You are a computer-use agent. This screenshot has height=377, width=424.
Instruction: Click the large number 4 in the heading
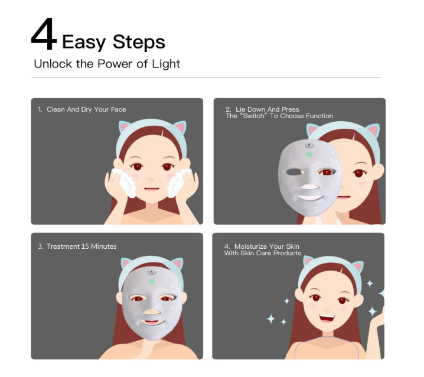(x=44, y=34)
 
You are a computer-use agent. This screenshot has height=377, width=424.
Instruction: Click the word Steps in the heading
(x=139, y=42)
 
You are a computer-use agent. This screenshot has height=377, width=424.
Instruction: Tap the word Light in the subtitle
(x=166, y=64)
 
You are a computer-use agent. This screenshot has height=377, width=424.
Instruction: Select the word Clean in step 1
(x=56, y=109)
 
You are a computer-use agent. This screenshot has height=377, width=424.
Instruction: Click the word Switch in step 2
(x=253, y=116)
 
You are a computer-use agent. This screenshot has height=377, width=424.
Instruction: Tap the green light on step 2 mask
(x=309, y=155)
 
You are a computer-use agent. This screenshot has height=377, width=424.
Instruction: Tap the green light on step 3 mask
(x=151, y=282)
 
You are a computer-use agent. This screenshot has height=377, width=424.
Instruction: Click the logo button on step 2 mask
(x=309, y=146)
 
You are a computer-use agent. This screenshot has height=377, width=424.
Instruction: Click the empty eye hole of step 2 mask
(x=293, y=172)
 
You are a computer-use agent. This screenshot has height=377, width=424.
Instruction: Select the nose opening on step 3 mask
(x=152, y=312)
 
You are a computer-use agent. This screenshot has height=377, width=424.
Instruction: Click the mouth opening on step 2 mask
(x=310, y=197)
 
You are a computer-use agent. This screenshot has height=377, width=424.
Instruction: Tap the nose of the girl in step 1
(x=151, y=179)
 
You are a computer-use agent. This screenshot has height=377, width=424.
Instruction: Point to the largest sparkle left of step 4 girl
(x=270, y=318)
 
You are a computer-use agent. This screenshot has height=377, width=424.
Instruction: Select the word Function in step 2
(x=320, y=116)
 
